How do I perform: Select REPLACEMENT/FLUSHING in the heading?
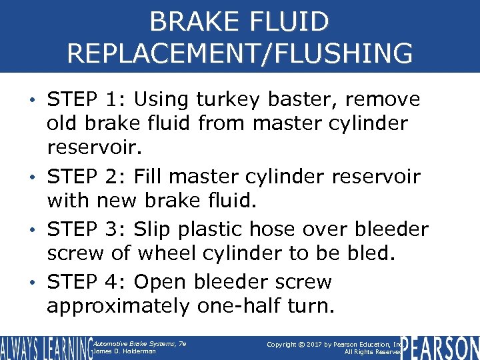[x=239, y=53]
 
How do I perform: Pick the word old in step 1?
[x=61, y=124]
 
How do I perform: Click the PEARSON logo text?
[x=441, y=348]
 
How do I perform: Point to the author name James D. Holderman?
[x=125, y=351]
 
